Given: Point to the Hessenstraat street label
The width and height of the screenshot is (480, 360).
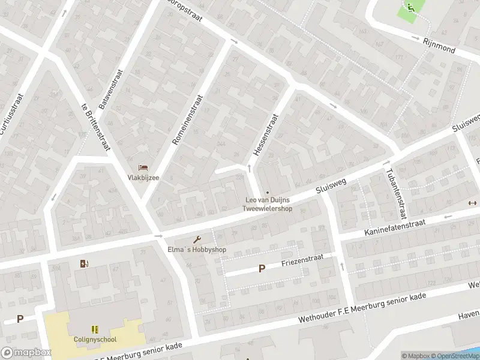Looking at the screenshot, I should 265,136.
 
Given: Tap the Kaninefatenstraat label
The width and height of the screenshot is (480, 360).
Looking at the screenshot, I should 395,227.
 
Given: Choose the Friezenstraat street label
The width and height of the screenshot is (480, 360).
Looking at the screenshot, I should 302,260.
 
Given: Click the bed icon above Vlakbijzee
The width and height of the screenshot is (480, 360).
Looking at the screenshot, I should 142,167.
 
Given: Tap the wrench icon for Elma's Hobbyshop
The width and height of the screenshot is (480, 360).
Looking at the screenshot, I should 196,240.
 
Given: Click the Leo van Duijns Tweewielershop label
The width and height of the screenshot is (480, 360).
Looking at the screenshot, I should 267,205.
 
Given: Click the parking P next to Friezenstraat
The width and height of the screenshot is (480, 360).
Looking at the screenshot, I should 262,269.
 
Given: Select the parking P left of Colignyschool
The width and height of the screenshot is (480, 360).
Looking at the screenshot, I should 20,319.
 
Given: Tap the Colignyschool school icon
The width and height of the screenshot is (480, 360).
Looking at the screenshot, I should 94,329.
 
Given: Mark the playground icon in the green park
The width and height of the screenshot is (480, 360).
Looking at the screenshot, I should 410,7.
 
